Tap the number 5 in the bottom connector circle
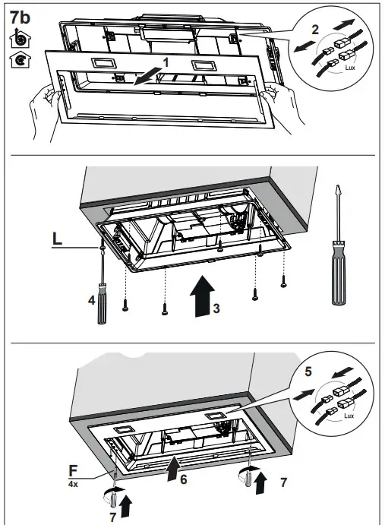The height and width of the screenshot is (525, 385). click(307, 373)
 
